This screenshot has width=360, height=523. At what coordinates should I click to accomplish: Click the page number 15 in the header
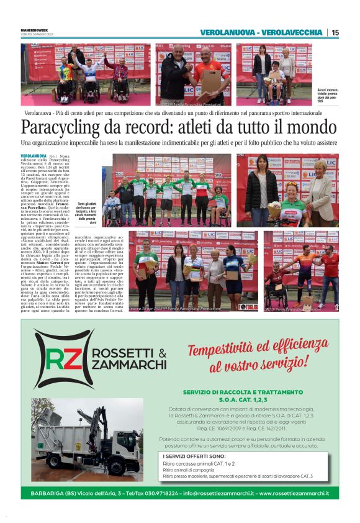click(x=335, y=32)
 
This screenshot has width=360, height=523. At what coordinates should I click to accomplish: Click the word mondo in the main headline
click(x=308, y=128)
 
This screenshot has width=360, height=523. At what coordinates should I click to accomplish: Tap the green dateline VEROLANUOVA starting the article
click(x=34, y=156)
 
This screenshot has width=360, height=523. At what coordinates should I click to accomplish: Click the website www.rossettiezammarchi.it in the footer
click(x=294, y=493)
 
